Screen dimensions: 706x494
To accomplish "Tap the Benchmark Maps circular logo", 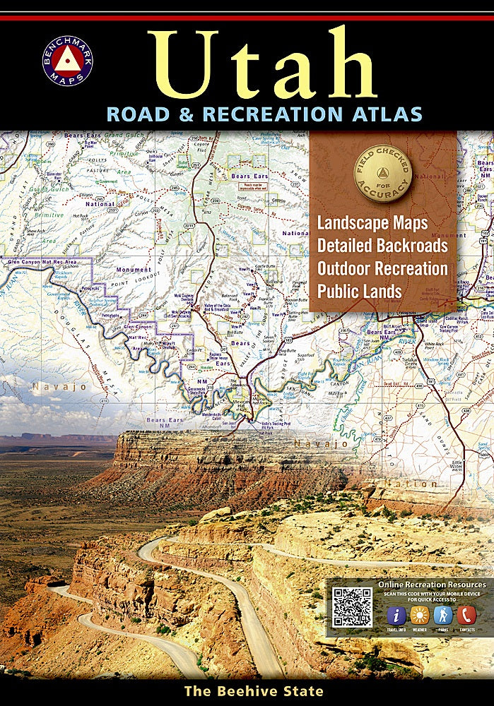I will (x=68, y=60).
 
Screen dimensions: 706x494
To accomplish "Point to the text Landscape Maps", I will (x=372, y=223).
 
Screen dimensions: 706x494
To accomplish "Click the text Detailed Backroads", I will (x=382, y=246).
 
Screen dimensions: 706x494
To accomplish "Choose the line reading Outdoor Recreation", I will (x=382, y=268).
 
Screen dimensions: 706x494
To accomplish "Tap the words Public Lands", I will (x=359, y=290).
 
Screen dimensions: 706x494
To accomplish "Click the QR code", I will (x=352, y=606).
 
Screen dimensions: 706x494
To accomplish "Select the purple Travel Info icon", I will (x=396, y=614).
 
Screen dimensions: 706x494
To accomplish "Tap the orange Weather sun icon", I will (x=420, y=614).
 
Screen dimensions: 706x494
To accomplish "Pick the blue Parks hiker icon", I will (x=442, y=614).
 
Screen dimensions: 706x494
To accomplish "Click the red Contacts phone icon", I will (x=466, y=614).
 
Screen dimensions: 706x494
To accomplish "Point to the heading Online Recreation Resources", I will (x=432, y=585).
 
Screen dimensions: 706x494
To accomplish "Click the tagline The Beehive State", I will (x=254, y=691).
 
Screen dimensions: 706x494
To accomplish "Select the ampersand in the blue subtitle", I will (x=192, y=114).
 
